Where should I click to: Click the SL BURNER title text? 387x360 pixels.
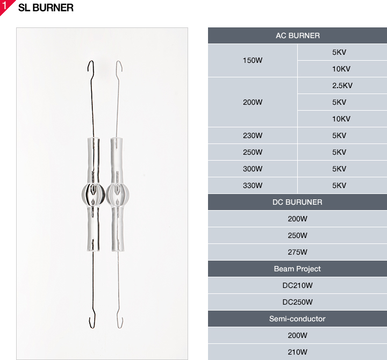pos(46,8)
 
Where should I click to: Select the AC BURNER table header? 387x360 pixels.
pos(297,35)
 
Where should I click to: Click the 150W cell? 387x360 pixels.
pos(253,61)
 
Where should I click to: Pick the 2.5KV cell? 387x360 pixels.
pos(342,85)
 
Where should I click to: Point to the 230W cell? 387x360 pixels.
pos(253,135)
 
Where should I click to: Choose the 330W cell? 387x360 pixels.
pos(253,185)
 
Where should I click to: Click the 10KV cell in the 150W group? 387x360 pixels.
pos(342,69)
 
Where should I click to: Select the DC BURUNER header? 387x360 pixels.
pos(297,202)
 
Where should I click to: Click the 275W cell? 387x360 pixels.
pos(297,252)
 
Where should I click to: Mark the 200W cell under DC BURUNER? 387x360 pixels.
pos(297,219)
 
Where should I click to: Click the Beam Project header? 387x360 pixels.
pos(297,269)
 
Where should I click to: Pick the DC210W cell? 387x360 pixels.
pos(297,285)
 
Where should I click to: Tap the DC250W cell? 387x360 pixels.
pos(297,302)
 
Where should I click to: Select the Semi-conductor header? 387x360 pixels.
pos(297,319)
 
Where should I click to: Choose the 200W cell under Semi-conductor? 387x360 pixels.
pos(297,335)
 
